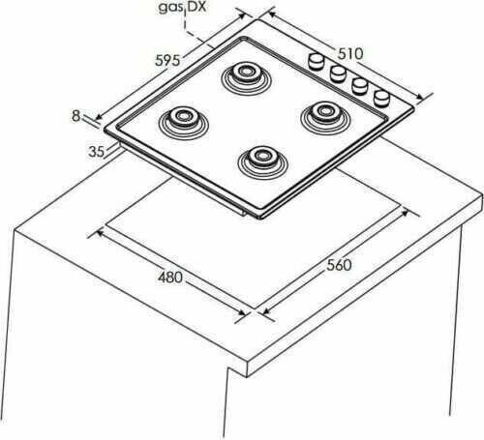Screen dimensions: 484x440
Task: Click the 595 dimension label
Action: coord(167,60)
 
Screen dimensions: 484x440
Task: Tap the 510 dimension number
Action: coord(350,54)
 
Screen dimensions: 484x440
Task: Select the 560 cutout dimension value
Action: coord(339,265)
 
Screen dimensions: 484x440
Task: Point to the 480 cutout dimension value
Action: coord(170,278)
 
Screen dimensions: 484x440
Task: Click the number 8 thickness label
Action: coord(76,116)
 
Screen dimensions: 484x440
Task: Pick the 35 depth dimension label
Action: coord(97,152)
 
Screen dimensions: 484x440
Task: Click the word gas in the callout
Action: coord(170,8)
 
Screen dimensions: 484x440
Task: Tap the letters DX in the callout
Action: coord(197,7)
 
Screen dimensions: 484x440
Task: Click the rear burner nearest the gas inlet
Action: coord(246,78)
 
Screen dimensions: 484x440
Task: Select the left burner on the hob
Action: coord(184,123)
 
